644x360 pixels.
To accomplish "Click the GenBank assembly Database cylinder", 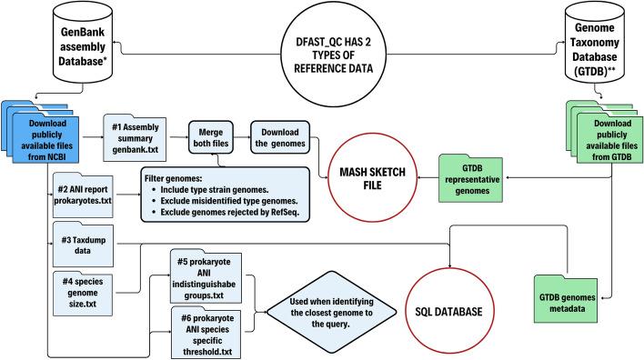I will click(x=59, y=42).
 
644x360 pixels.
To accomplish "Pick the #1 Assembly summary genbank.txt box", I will click(x=136, y=133).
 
